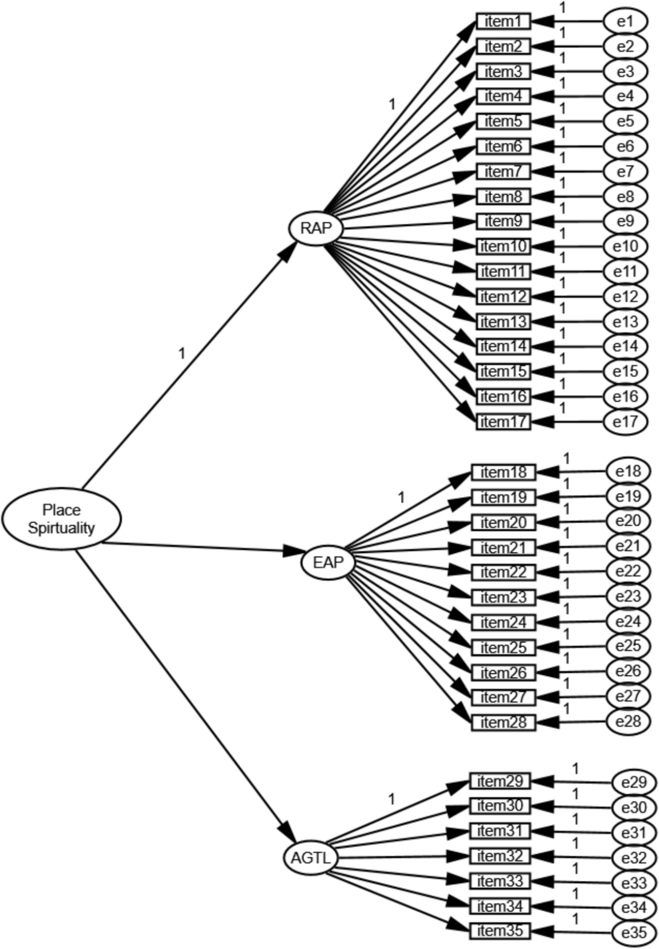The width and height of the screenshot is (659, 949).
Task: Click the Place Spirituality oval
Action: pyautogui.click(x=61, y=518)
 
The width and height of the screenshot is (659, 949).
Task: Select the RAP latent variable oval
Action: pyautogui.click(x=316, y=228)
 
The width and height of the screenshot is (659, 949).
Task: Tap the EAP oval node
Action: pyautogui.click(x=328, y=562)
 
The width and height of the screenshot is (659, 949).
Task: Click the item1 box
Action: pyautogui.click(x=503, y=22)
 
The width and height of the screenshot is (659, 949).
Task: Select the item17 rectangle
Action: pyautogui.click(x=503, y=422)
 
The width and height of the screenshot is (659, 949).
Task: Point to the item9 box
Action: pyautogui.click(x=503, y=221)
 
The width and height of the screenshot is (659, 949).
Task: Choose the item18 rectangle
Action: pyautogui.click(x=504, y=472)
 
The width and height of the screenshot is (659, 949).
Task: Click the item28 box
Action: pyautogui.click(x=504, y=722)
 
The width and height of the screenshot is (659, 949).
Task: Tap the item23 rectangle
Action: pyautogui.click(x=504, y=597)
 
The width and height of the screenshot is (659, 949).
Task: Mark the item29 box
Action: pyautogui.click(x=500, y=781)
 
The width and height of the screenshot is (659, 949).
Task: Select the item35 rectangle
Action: pyautogui.click(x=500, y=931)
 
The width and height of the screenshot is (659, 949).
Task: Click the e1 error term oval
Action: pyautogui.click(x=625, y=22)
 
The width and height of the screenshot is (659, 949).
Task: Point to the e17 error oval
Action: pyautogui.click(x=625, y=422)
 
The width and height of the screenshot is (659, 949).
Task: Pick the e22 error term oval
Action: pyautogui.click(x=628, y=571)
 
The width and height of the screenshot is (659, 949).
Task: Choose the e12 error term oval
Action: pyautogui.click(x=625, y=297)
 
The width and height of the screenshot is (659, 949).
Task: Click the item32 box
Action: pyautogui.click(x=500, y=856)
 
